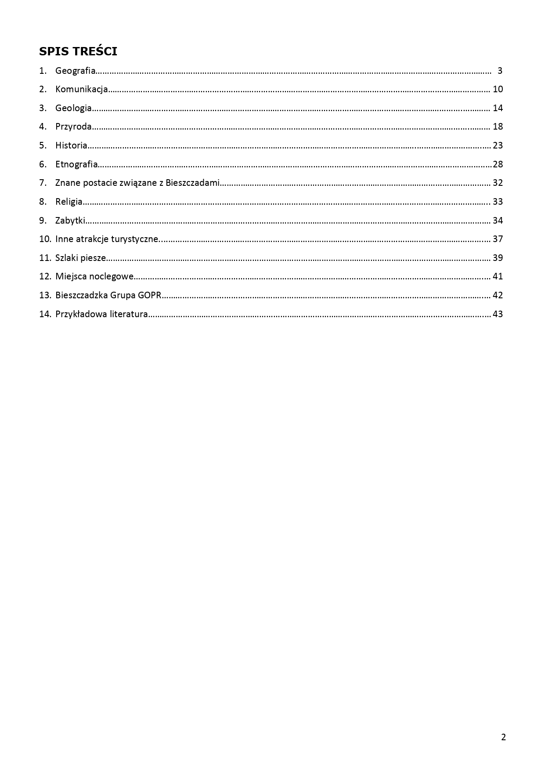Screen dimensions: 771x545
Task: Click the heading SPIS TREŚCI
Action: pyautogui.click(x=78, y=51)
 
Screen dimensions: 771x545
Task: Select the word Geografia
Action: pyautogui.click(x=75, y=71)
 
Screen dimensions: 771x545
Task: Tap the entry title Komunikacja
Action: pyautogui.click(x=81, y=89)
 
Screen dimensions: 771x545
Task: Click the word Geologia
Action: pyautogui.click(x=73, y=108)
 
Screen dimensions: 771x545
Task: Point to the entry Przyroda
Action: pyautogui.click(x=73, y=127)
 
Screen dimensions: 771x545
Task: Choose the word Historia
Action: pyautogui.click(x=71, y=145)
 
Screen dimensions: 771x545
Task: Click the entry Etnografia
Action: pyautogui.click(x=76, y=164)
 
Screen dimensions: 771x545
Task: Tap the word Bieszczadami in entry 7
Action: pyautogui.click(x=192, y=183)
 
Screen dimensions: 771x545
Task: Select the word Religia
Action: pyautogui.click(x=69, y=202)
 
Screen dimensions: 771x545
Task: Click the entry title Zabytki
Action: pyautogui.click(x=70, y=221)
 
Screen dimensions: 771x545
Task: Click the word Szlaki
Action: pyautogui.click(x=67, y=258)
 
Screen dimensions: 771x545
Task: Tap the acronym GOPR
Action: pyautogui.click(x=149, y=295)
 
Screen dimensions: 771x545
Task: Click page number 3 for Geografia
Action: pyautogui.click(x=500, y=71)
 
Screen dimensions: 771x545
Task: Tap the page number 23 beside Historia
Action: pyautogui.click(x=498, y=145)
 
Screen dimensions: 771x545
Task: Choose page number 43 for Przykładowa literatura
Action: pyautogui.click(x=498, y=314)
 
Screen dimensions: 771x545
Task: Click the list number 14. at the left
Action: pyautogui.click(x=45, y=314)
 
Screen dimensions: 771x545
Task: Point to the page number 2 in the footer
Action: pyautogui.click(x=503, y=737)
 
